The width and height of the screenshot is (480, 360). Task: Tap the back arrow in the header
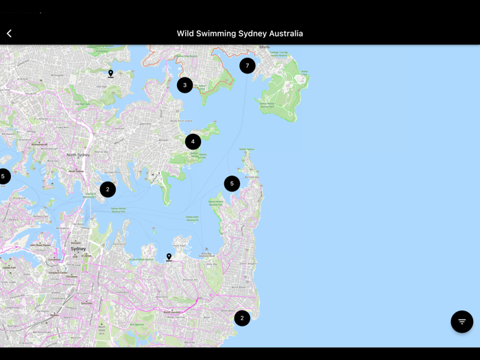pyautogui.click(x=10, y=33)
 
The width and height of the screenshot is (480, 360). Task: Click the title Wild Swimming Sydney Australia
pyautogui.click(x=240, y=33)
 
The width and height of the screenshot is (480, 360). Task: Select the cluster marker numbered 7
pyautogui.click(x=248, y=66)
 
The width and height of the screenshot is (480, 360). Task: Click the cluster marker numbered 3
pyautogui.click(x=184, y=85)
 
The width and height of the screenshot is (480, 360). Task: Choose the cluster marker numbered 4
pyautogui.click(x=193, y=142)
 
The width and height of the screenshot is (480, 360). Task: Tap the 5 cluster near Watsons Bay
pyautogui.click(x=232, y=184)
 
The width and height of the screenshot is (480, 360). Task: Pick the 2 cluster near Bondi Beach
pyautogui.click(x=242, y=318)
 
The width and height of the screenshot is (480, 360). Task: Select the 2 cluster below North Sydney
pyautogui.click(x=108, y=189)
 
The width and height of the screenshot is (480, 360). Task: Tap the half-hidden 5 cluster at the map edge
pyautogui.click(x=3, y=176)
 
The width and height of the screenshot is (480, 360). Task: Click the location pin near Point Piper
pyautogui.click(x=169, y=257)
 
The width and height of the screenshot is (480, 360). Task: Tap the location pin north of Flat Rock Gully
pyautogui.click(x=110, y=73)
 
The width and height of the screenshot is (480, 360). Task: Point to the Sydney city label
pyautogui.click(x=78, y=249)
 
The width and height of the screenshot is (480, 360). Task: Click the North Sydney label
pyautogui.click(x=78, y=155)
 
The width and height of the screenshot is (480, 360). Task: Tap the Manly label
pyautogui.click(x=265, y=47)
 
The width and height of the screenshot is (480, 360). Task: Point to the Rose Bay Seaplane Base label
pyautogui.click(x=206, y=254)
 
